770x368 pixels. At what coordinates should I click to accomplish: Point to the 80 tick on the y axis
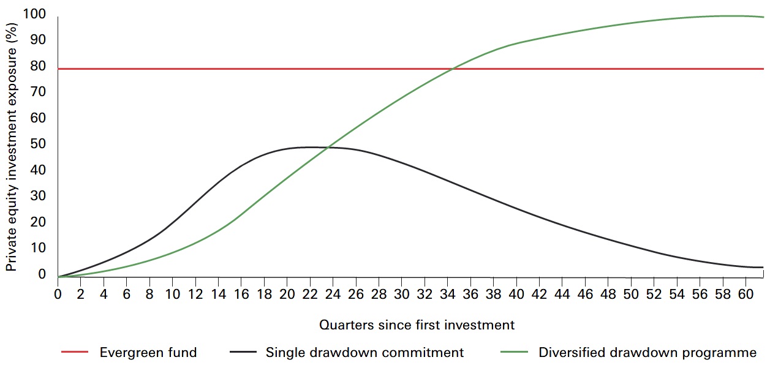click(39, 66)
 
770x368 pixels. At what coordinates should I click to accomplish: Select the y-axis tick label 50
click(39, 144)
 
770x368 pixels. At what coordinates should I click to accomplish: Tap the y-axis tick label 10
click(39, 248)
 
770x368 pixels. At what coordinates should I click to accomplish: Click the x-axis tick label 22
click(310, 294)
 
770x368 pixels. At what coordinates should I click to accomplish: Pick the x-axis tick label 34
click(447, 294)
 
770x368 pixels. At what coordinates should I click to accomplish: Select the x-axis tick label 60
click(745, 294)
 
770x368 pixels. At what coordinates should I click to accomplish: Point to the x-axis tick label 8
click(149, 294)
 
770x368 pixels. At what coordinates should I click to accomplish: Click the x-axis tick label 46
click(585, 294)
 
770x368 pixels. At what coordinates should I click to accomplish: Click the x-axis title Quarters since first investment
click(417, 325)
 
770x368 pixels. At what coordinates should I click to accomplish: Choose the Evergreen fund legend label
click(148, 352)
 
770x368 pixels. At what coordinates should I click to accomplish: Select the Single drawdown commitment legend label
click(364, 352)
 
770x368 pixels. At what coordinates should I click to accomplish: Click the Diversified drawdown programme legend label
click(647, 352)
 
